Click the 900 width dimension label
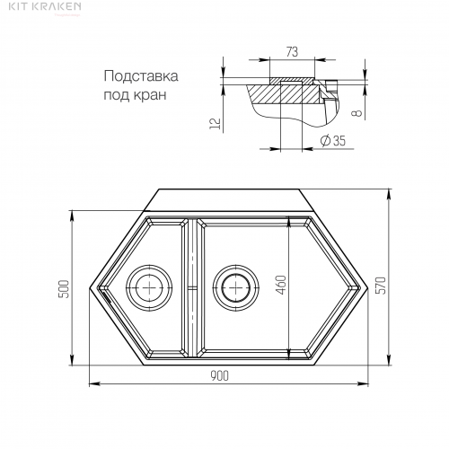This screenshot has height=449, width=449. [x=219, y=375]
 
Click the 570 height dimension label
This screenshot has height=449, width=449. [x=383, y=286]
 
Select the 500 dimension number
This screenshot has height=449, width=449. [x=64, y=289]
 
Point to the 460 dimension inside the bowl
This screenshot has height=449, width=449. [x=281, y=285]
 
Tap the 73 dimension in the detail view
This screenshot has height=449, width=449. [x=292, y=52]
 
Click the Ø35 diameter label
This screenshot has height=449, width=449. [x=332, y=140]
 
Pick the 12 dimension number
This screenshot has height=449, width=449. [x=216, y=124]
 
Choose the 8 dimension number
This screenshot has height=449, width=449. [x=357, y=113]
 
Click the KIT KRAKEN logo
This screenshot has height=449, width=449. [x=45, y=6]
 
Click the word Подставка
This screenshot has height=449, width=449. [x=141, y=76]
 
